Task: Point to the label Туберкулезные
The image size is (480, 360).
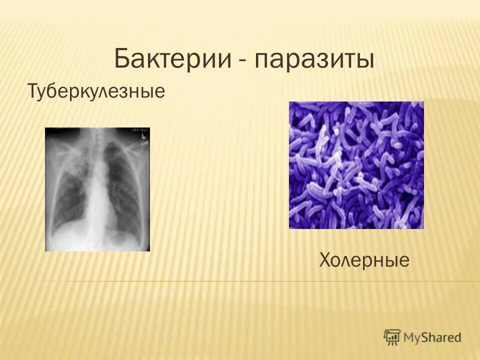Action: click(x=96, y=91)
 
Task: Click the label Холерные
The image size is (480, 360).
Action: click(x=364, y=259)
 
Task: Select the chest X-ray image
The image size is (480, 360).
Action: click(x=97, y=189)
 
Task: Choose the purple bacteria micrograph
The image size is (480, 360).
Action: click(x=356, y=165)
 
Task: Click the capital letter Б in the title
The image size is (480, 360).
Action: click(x=122, y=59)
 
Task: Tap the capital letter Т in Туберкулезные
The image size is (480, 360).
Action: click(x=32, y=91)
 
